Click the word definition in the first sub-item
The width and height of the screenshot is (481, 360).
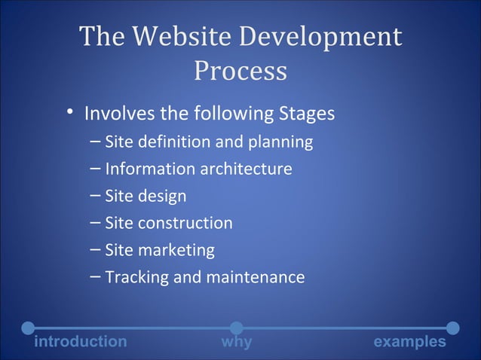(175, 142)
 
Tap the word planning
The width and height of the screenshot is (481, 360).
(284, 142)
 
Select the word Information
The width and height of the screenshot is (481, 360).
(149, 169)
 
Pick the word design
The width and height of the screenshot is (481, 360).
(161, 197)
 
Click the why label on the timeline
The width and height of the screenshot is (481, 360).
(237, 342)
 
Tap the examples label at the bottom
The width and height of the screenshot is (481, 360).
(410, 342)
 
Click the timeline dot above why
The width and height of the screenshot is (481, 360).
(236, 328)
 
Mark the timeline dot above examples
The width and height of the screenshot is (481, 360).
(453, 328)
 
